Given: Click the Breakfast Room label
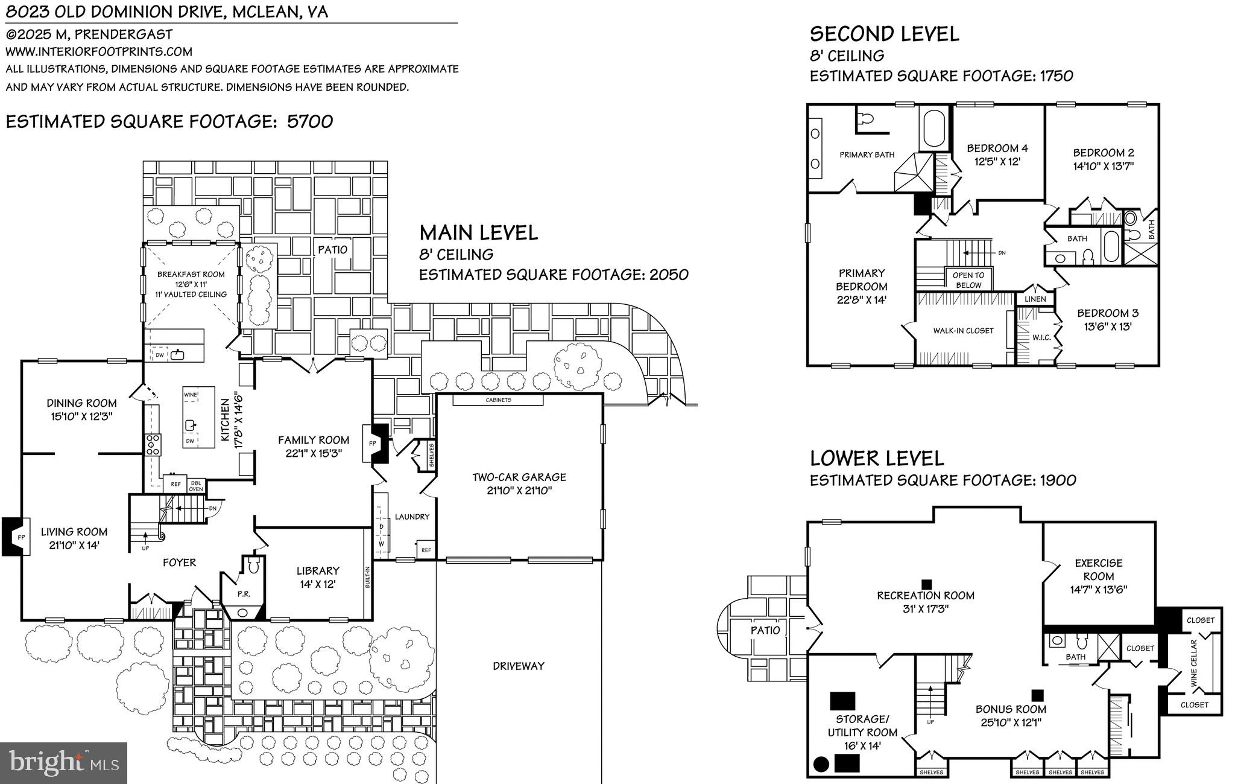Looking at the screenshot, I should pos(191,274).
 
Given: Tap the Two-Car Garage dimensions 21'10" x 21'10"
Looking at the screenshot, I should pos(519,491).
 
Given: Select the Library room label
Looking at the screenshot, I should pos(318,570).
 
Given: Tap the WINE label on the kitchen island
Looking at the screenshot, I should pos(191,395).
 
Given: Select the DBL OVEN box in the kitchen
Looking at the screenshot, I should pos(196,485).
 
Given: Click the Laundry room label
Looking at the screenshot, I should pos(412,517).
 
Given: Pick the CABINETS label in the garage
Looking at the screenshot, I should pos(498,400).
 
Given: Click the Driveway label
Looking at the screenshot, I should pos(519,666).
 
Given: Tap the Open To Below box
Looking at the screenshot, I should pos(968,280).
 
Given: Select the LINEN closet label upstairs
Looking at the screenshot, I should pos(1035,299).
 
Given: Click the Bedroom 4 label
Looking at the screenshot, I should pos(997,148).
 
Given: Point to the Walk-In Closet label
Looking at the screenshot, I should pos(963,331).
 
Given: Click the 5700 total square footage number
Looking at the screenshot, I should pos(310,121).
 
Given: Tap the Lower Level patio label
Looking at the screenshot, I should pos(765,630).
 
